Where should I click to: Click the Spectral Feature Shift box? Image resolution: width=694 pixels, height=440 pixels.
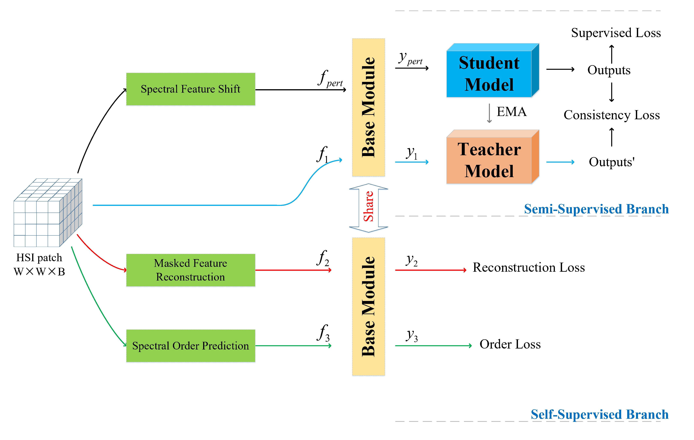tap(191, 89)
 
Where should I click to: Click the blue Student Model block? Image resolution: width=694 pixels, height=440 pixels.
tap(489, 74)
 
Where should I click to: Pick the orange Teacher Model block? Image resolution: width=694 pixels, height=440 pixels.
tap(489, 160)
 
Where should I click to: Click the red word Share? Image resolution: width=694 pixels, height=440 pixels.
tap(368, 207)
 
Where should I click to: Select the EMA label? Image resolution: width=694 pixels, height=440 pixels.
tap(512, 112)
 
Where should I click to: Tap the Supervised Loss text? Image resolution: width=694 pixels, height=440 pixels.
tap(616, 33)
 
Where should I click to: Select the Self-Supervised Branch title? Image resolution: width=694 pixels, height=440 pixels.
tap(599, 414)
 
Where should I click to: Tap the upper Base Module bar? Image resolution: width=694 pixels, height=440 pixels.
tap(368, 107)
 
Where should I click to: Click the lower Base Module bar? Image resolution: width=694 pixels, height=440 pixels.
tap(368, 307)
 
